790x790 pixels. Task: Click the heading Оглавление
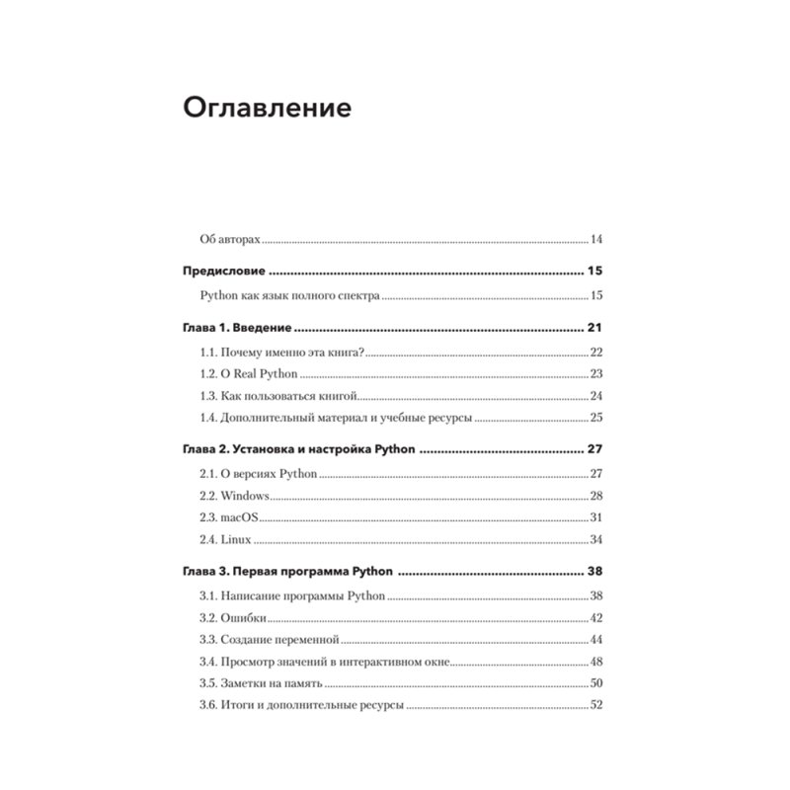coord(267,108)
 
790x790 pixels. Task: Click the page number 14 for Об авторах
coord(595,240)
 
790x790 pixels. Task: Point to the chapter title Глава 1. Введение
coord(237,328)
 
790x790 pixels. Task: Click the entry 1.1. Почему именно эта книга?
coord(281,353)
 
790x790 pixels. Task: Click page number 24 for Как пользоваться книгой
coord(595,395)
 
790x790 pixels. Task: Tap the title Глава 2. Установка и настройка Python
coord(298,448)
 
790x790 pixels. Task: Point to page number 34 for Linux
coord(595,538)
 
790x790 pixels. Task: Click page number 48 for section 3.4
coord(595,661)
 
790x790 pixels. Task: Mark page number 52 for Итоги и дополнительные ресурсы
coord(595,704)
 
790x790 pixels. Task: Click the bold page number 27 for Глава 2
coord(595,448)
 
